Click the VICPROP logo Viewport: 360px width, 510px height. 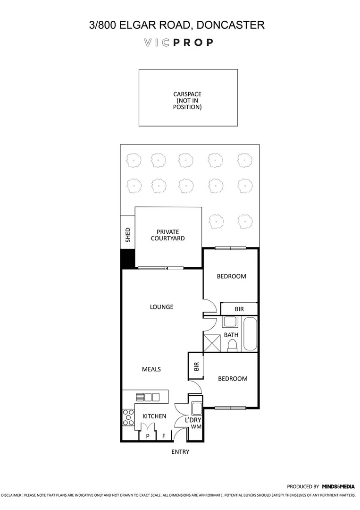pyautogui.click(x=178, y=42)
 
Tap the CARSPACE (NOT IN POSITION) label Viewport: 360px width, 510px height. pyautogui.click(x=187, y=101)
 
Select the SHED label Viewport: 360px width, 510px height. pyautogui.click(x=127, y=235)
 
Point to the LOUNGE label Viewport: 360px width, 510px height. pyautogui.click(x=161, y=307)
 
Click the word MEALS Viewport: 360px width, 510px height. pyautogui.click(x=151, y=369)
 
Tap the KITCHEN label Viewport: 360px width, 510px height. pyautogui.click(x=154, y=416)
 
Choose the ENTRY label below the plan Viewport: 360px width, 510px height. pyautogui.click(x=180, y=452)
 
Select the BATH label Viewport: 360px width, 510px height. pyautogui.click(x=231, y=335)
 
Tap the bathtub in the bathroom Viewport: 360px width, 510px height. pyautogui.click(x=250, y=334)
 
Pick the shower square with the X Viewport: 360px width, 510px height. pyautogui.click(x=211, y=342)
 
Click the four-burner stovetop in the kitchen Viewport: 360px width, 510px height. pyautogui.click(x=128, y=416)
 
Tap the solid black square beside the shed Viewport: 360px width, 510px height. pyautogui.click(x=128, y=259)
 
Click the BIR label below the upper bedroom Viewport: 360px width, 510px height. pyautogui.click(x=239, y=309)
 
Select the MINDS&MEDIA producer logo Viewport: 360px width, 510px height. pyautogui.click(x=338, y=486)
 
